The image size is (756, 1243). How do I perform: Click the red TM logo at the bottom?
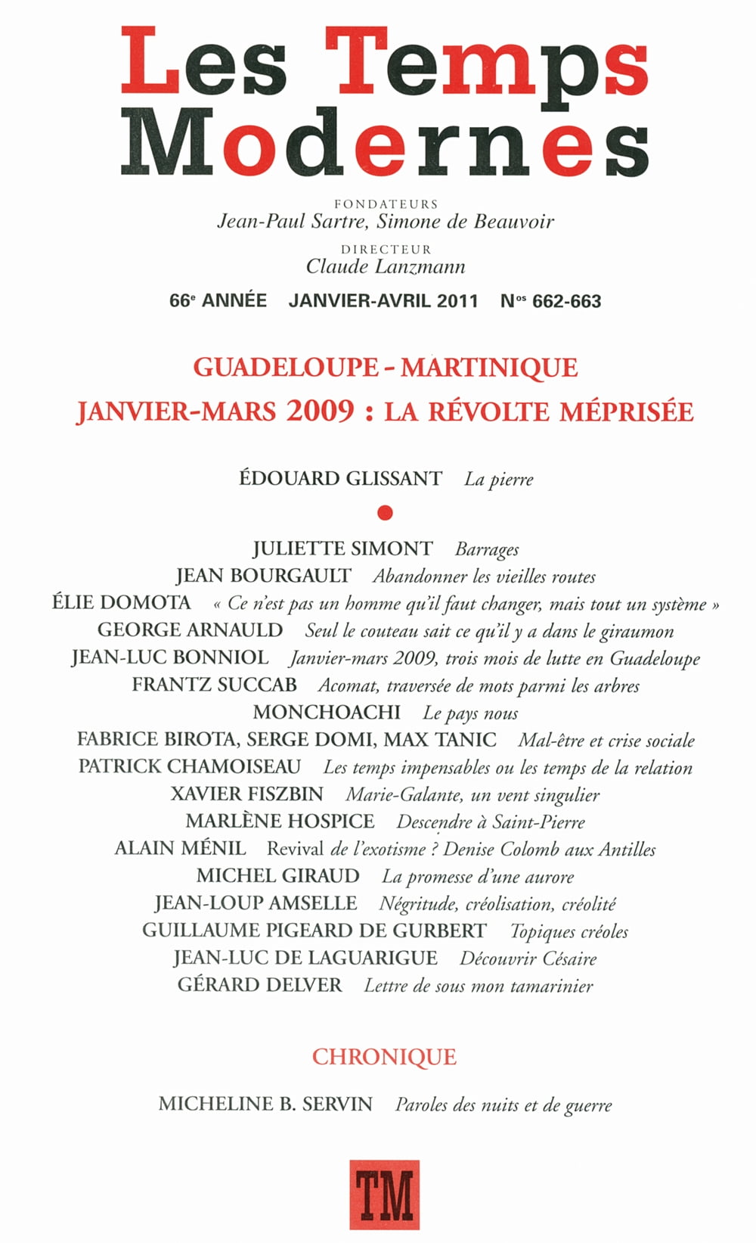[384, 1194]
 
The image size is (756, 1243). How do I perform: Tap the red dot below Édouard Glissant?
[386, 514]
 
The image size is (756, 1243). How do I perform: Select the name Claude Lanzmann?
[386, 267]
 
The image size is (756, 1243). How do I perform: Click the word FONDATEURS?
[386, 204]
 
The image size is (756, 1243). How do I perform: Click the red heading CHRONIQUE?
[384, 1057]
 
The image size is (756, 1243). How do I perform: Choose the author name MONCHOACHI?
[327, 713]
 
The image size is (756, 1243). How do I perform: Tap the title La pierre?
[499, 480]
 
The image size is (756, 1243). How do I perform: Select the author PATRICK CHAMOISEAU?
[190, 767]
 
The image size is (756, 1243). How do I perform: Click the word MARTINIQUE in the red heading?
[489, 368]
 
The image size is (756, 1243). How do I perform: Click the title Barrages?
[487, 549]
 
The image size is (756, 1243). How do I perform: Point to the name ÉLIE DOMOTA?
[122, 603]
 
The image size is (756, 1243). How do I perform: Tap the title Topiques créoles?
[569, 931]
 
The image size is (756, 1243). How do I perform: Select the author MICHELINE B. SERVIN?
[265, 1105]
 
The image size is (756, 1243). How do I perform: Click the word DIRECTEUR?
[386, 249]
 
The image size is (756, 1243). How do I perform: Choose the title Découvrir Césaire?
[528, 959]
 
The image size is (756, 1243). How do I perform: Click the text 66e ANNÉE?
[218, 301]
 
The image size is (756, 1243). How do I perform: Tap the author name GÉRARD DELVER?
[260, 986]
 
